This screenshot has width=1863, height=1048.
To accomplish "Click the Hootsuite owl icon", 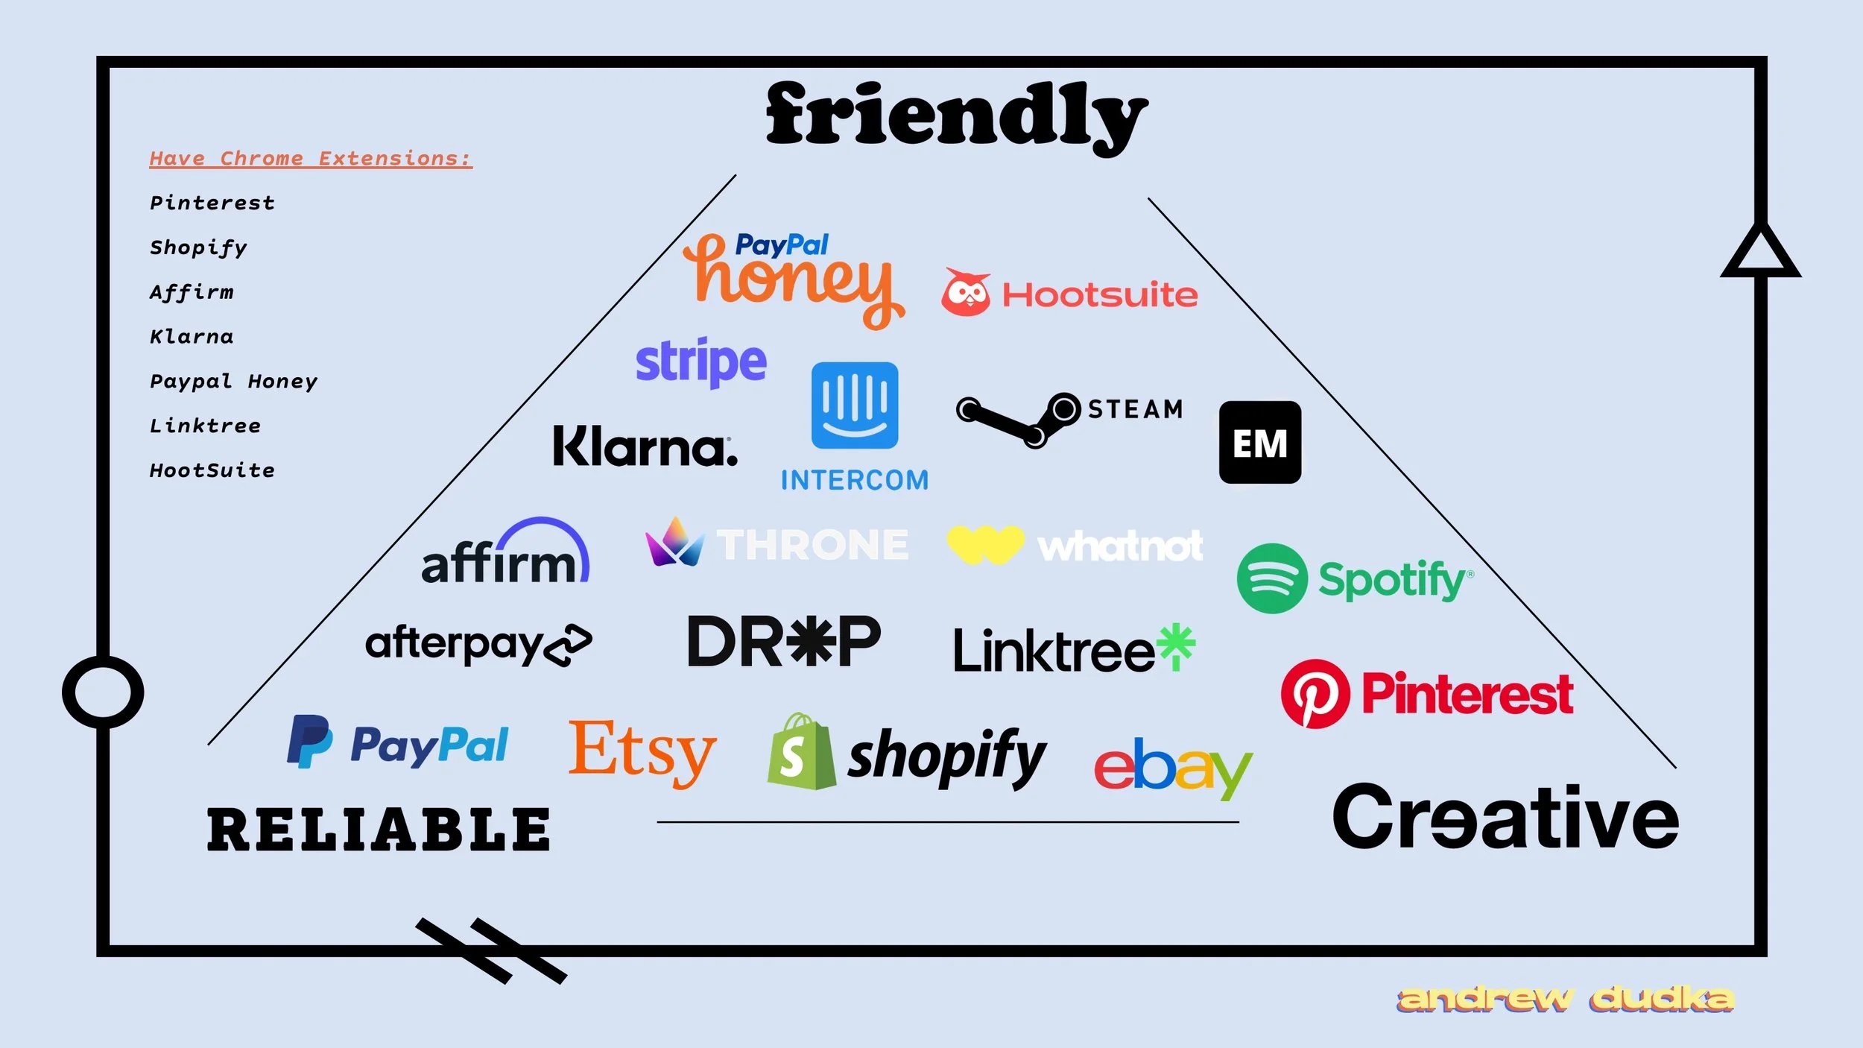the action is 966,292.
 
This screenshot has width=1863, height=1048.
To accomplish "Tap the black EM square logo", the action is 1260,443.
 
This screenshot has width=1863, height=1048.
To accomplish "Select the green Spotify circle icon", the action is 1272,578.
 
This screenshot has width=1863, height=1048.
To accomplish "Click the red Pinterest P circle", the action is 1315,693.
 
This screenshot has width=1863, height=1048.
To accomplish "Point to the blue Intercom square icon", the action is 855,405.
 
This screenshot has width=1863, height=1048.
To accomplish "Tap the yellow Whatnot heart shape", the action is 985,544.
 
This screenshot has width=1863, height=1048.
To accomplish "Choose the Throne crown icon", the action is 674,543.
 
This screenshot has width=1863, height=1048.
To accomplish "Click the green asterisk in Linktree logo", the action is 1177,645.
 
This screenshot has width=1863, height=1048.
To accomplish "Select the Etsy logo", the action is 642,751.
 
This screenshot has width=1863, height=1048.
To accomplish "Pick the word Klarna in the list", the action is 192,337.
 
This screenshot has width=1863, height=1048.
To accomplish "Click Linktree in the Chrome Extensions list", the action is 205,426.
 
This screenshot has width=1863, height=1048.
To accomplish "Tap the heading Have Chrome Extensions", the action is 311,159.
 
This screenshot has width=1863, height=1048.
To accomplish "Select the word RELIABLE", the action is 379,830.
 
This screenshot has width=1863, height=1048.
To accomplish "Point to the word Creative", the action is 1505,818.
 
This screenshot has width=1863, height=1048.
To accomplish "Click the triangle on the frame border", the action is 1760,253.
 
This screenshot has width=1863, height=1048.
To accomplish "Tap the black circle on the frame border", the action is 103,692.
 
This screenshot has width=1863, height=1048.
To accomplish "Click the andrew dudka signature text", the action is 1565,999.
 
